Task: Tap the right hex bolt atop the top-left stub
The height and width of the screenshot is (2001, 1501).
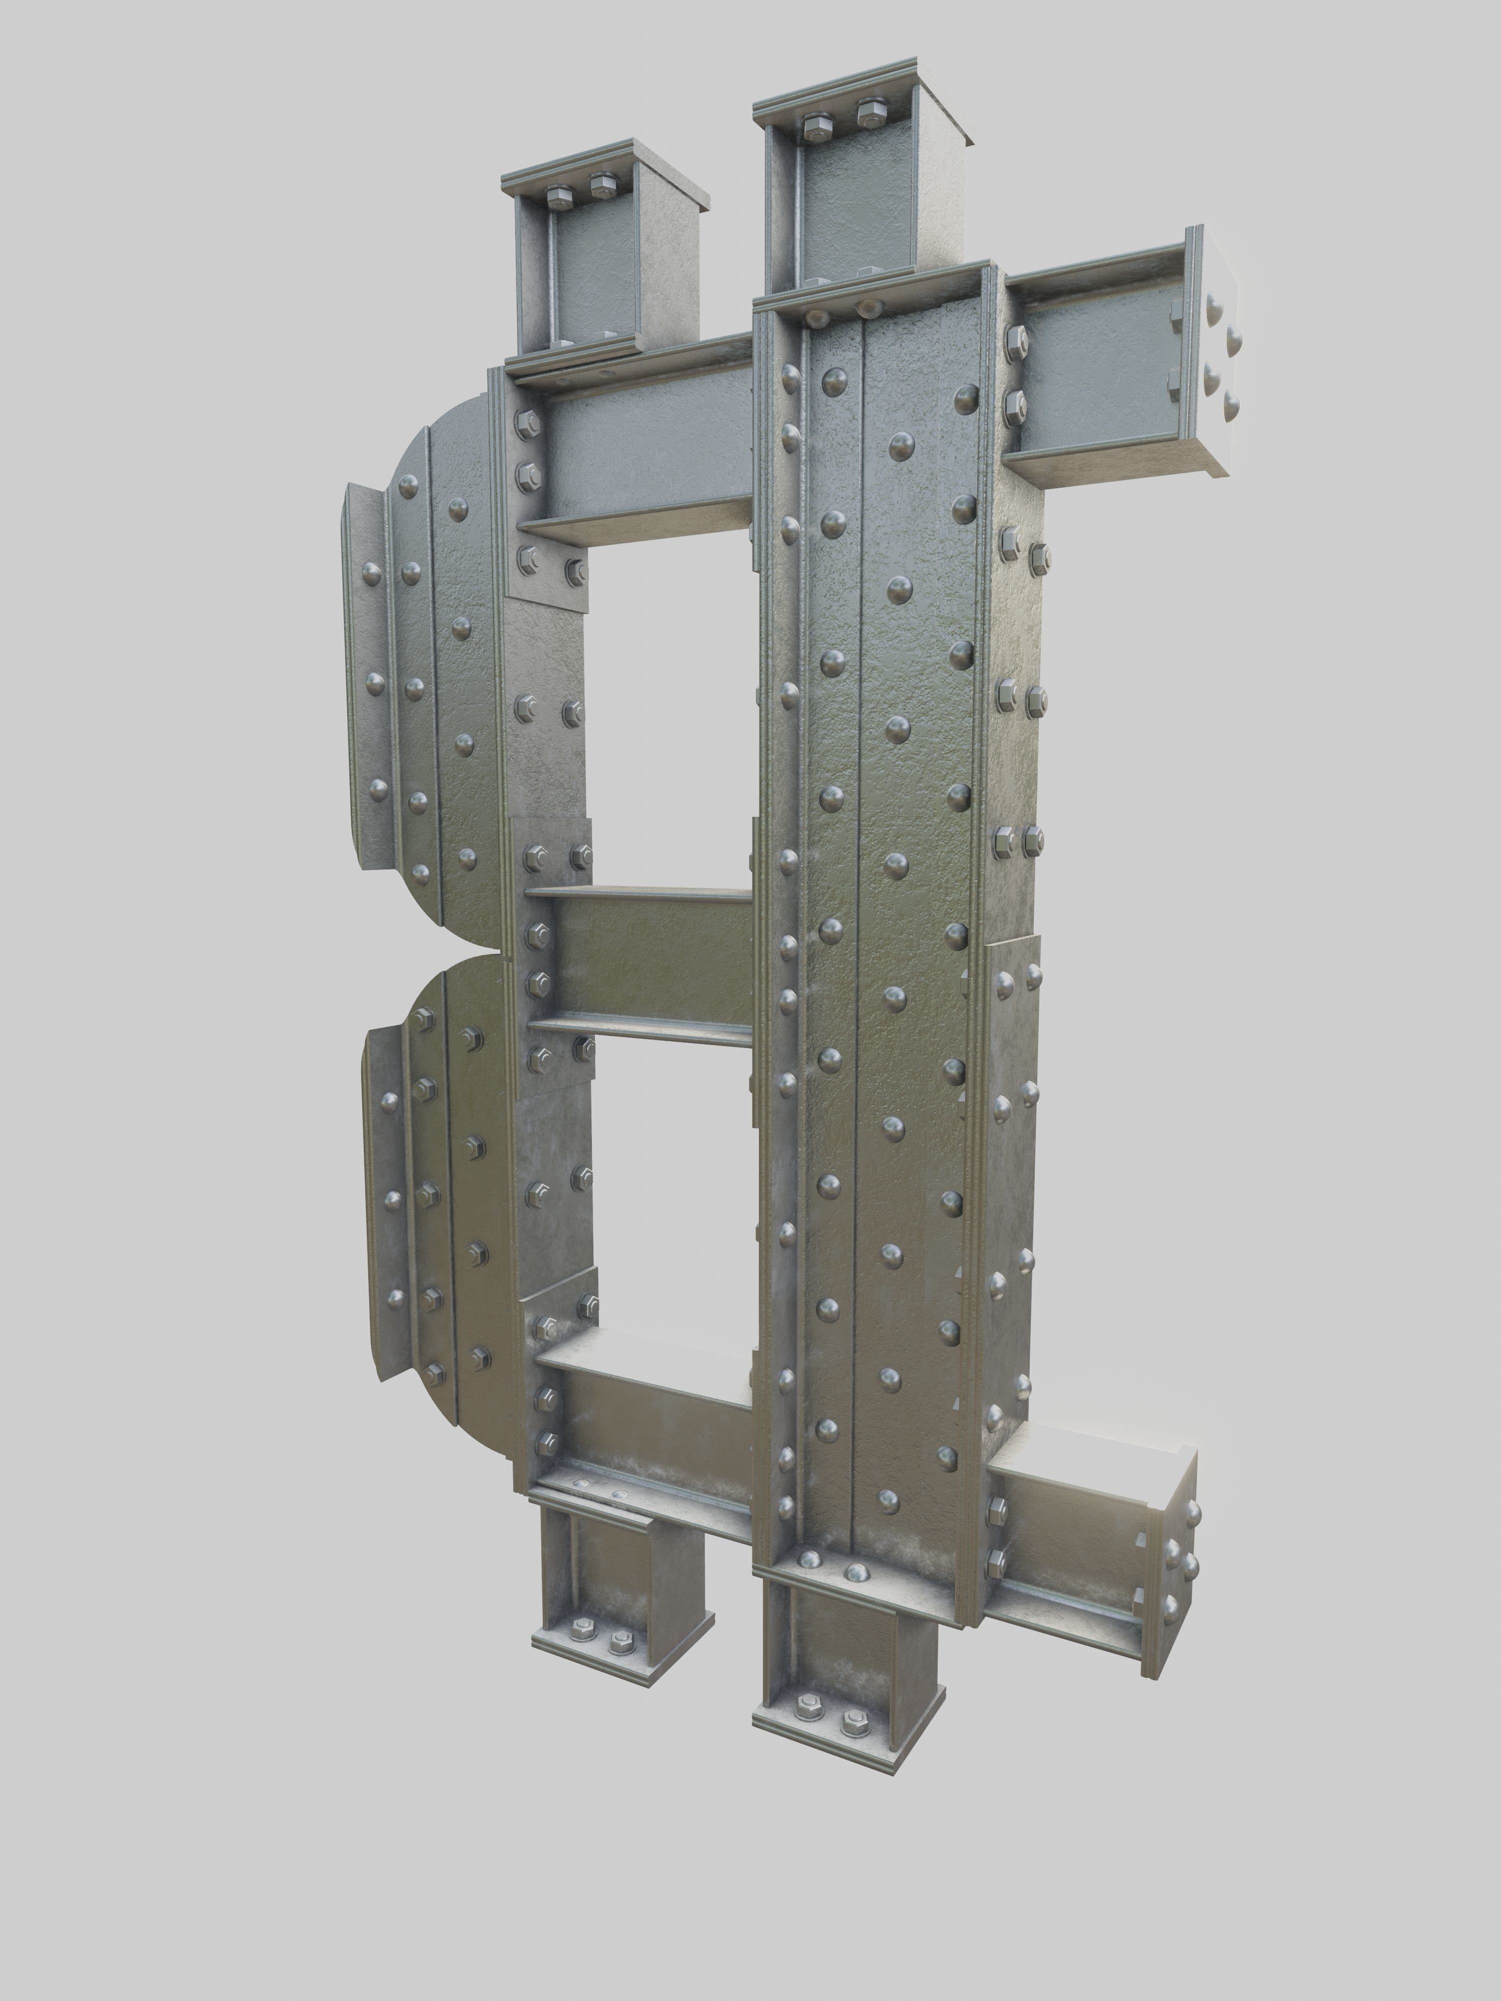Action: coord(602,187)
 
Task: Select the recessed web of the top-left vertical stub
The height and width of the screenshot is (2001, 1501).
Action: coord(597,271)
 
